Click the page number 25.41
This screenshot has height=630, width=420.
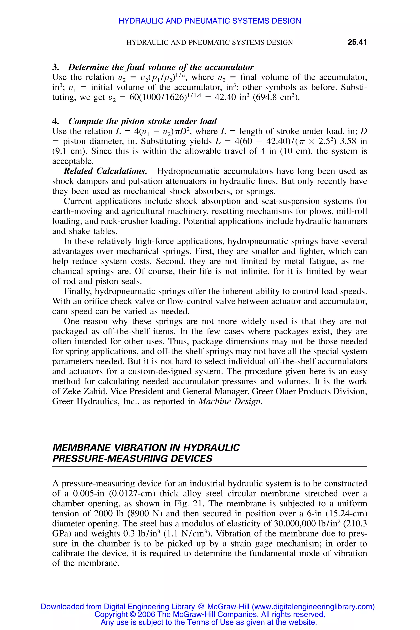(x=357, y=42)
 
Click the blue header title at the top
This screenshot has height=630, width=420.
(x=210, y=21)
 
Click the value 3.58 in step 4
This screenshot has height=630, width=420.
(x=348, y=141)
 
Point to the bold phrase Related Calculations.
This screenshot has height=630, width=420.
(x=105, y=171)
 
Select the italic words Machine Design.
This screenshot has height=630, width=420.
(x=230, y=402)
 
